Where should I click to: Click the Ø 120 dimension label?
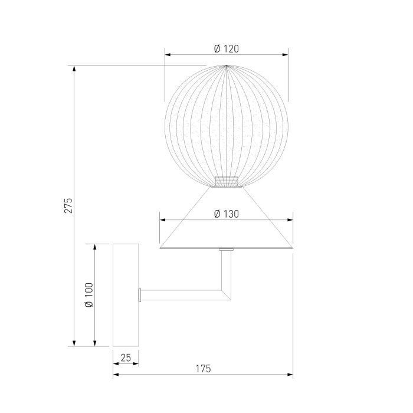click(x=227, y=49)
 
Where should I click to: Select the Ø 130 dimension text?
click(x=227, y=214)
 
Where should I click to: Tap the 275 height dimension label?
click(x=68, y=205)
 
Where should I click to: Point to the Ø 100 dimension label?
click(x=89, y=295)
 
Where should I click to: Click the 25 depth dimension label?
click(x=126, y=358)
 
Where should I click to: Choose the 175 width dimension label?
click(x=204, y=369)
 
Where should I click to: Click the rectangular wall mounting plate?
click(x=126, y=295)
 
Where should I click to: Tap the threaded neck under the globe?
click(x=227, y=182)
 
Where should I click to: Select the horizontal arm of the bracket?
click(x=182, y=295)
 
